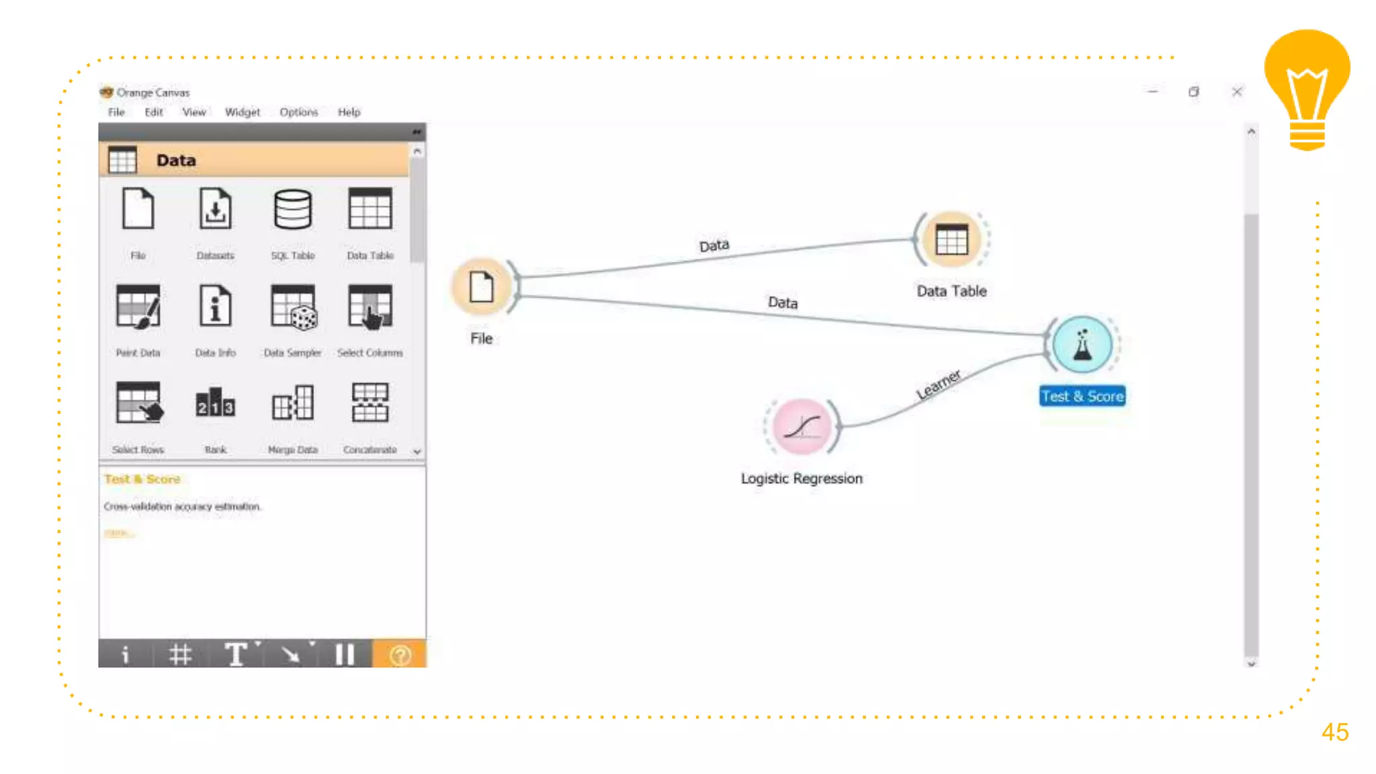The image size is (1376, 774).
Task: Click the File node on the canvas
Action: [481, 288]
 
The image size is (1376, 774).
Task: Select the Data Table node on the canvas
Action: [951, 240]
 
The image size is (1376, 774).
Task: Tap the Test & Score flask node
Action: [1082, 345]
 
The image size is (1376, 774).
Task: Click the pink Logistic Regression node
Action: [802, 427]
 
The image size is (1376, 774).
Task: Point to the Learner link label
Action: [939, 384]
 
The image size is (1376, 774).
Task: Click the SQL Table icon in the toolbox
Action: [292, 210]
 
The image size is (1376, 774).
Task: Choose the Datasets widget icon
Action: [215, 210]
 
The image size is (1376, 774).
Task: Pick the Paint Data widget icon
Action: [138, 308]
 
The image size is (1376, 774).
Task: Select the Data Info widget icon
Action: [215, 306]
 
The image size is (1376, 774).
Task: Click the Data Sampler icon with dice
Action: [293, 308]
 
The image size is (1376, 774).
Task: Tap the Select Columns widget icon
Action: [370, 308]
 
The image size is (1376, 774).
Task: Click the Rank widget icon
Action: [215, 404]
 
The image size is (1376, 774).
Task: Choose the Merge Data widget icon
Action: [292, 404]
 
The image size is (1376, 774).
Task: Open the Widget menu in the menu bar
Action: [242, 112]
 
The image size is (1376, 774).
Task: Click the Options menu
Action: [298, 112]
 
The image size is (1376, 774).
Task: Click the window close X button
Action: [1237, 92]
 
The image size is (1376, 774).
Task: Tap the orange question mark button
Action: [400, 654]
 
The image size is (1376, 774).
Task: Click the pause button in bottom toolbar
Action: [345, 654]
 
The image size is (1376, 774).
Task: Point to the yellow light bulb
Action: [1307, 87]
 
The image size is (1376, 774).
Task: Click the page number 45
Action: [1334, 732]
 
